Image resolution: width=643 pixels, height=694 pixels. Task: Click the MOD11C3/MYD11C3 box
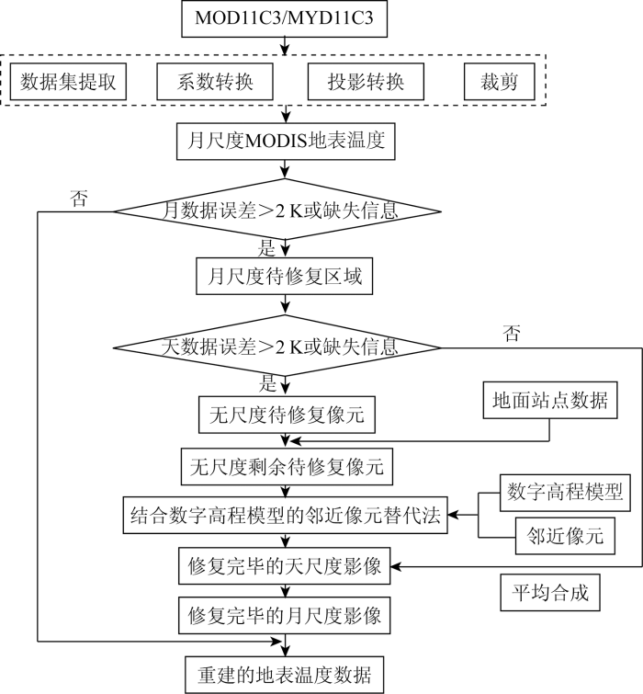point(285,18)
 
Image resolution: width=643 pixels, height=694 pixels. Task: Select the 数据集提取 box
point(68,82)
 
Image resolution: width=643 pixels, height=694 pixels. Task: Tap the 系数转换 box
point(215,82)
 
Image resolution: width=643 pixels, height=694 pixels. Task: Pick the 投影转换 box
point(366,82)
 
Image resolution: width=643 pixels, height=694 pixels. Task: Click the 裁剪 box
point(500,82)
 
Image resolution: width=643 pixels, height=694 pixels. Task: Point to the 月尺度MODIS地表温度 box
point(286,142)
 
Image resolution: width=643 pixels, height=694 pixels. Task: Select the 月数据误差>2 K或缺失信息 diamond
point(277,210)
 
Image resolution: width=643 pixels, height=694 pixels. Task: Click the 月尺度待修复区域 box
point(285,276)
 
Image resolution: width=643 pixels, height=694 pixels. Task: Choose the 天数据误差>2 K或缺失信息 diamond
point(277,347)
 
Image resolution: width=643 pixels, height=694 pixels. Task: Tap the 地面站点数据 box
point(550,400)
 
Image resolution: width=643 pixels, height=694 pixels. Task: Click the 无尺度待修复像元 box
point(287,415)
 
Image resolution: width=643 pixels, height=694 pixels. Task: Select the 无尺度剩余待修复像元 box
point(287,467)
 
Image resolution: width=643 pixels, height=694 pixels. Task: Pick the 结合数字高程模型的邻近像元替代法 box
point(286,515)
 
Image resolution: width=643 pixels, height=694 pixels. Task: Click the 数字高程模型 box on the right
point(565,493)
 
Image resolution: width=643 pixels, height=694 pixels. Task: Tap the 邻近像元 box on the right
point(565,536)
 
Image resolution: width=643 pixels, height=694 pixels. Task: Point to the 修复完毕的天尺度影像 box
point(285,565)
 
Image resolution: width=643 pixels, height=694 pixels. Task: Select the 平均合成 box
point(550,593)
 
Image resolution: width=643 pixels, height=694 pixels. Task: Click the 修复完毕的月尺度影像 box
point(285,615)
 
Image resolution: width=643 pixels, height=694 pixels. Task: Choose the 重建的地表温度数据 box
point(285,675)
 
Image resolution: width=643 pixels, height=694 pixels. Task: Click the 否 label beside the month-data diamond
point(79,199)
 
